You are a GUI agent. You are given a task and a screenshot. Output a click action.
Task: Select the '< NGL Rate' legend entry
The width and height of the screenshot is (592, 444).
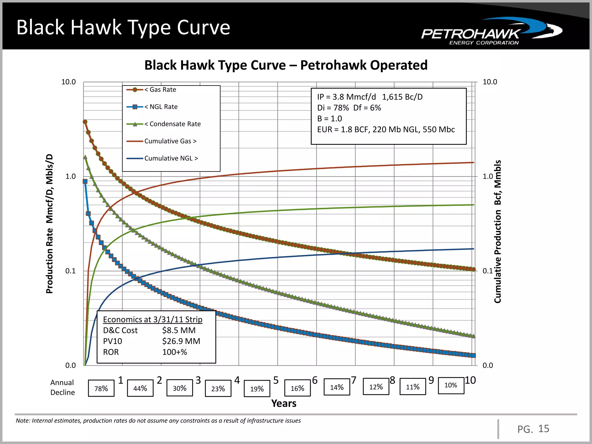coord(161,107)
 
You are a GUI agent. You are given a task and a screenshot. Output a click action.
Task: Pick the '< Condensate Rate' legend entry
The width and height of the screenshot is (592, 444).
coord(172,124)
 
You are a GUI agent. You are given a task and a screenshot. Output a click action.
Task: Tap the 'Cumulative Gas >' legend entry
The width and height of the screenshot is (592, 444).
coord(170,141)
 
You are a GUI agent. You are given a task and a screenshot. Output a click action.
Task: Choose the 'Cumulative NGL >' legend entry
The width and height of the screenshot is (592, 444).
coord(171,158)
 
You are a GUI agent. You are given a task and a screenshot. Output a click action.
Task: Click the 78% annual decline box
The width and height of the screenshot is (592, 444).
coord(101,388)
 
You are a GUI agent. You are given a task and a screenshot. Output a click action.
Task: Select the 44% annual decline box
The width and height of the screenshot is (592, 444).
coord(140,388)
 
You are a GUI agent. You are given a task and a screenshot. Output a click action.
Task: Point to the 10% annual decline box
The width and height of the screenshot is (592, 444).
coord(451,385)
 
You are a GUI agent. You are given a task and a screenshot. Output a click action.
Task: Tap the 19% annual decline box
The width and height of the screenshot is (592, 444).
coord(257,389)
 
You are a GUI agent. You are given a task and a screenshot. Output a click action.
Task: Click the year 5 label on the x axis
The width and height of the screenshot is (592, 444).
coord(276,380)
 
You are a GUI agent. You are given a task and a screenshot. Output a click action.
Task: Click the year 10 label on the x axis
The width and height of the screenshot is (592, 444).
coord(470,380)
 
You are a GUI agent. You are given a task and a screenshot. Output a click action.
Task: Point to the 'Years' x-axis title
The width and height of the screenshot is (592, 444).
coord(284,404)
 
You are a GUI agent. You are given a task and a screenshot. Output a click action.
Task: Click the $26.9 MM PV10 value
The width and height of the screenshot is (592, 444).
coord(181,341)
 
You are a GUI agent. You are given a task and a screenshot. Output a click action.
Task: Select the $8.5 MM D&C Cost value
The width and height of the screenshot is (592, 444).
coord(179,330)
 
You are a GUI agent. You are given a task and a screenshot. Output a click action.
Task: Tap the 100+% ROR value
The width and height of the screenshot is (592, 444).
coord(175,352)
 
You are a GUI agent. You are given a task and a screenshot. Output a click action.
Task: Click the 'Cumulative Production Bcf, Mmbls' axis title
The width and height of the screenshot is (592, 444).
coord(497,231)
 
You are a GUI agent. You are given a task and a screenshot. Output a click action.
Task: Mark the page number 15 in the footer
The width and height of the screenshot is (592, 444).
coord(544,429)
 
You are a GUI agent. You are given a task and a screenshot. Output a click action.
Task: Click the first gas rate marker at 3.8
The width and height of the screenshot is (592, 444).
coord(85,122)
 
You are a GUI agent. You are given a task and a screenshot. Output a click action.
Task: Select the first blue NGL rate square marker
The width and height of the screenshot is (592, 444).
coord(85,182)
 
